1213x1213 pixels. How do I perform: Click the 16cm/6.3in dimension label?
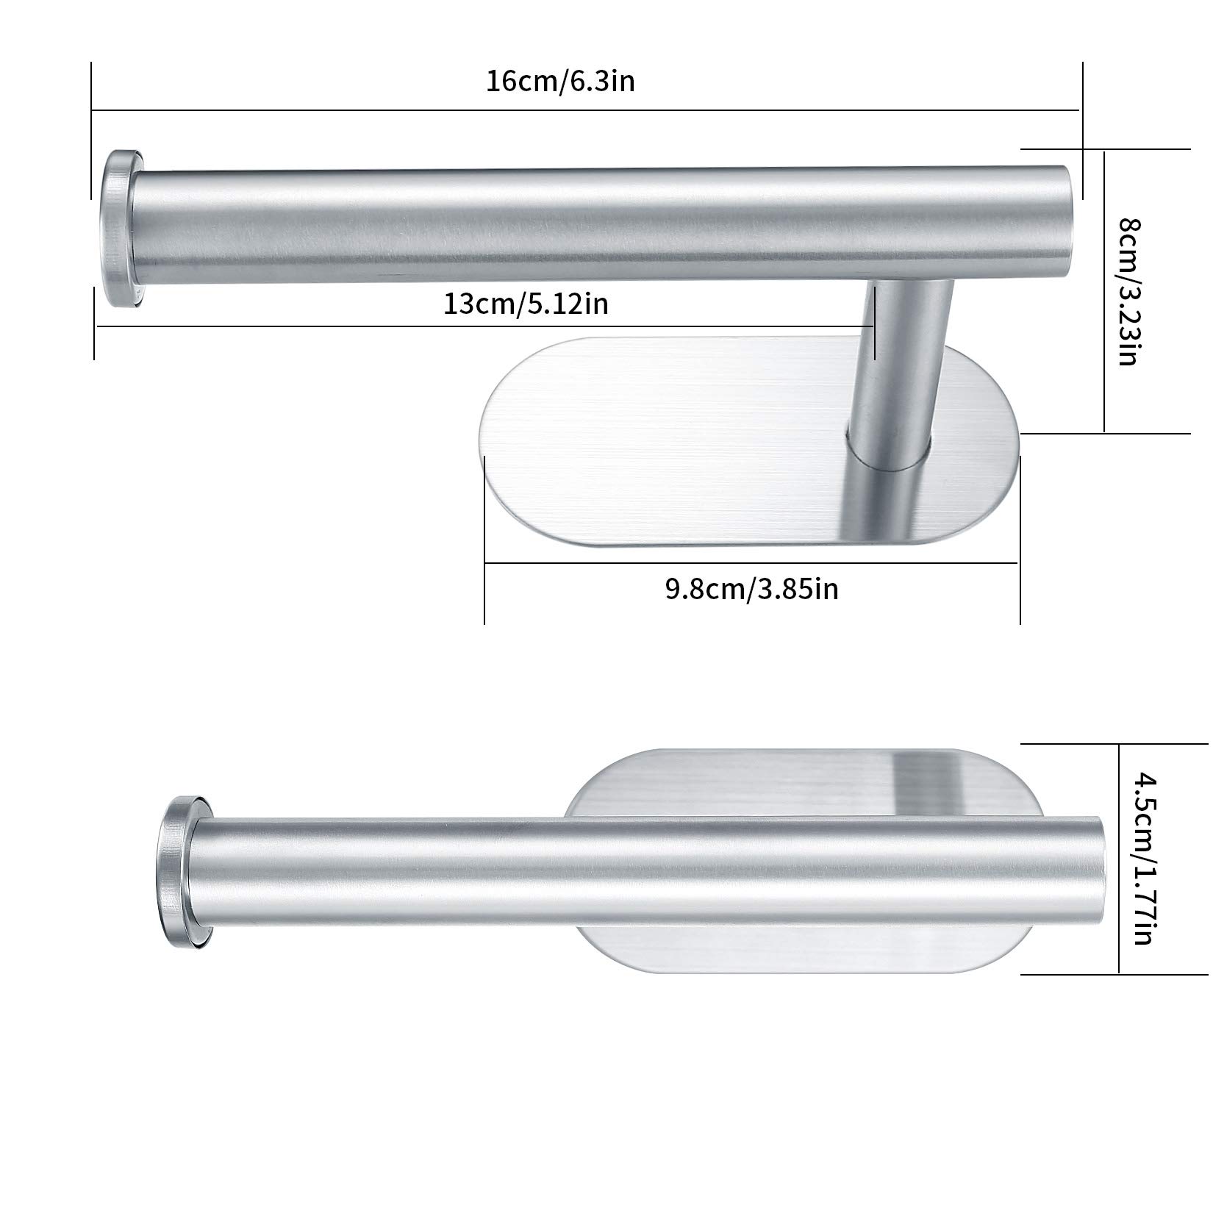click(560, 81)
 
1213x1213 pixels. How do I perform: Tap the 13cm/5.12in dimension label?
click(526, 303)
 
